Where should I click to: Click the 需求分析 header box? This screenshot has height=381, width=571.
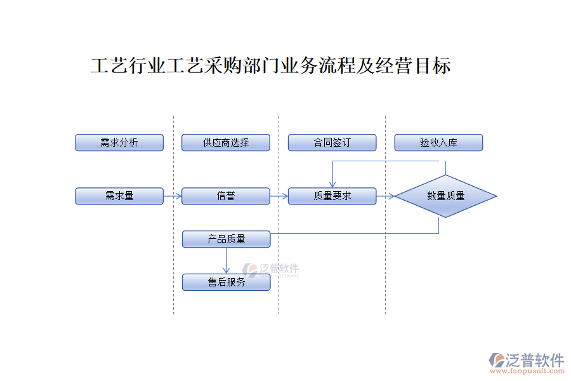[119, 143]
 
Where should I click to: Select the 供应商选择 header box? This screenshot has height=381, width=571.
[226, 143]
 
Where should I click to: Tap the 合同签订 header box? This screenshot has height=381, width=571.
[332, 143]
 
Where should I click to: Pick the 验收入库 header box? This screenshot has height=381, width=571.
[438, 143]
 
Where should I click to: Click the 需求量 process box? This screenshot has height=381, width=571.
[119, 196]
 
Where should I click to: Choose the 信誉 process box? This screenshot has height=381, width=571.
[226, 196]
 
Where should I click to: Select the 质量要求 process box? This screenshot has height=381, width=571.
[332, 196]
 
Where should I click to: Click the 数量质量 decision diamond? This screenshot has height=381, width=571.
[445, 196]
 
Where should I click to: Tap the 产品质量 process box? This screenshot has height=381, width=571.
[226, 239]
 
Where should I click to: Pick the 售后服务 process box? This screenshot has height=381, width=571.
[226, 283]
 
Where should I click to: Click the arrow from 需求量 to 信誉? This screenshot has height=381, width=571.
[173, 196]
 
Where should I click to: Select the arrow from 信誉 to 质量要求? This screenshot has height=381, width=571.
[279, 196]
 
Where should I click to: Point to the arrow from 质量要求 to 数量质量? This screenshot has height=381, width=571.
[385, 196]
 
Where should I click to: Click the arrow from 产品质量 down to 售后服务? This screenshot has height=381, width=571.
[226, 261]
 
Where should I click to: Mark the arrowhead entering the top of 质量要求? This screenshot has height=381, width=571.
[332, 184]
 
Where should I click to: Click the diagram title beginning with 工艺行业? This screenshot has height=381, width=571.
[271, 66]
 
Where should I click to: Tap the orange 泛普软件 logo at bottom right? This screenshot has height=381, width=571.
[527, 360]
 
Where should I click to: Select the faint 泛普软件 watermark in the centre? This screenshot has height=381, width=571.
[271, 269]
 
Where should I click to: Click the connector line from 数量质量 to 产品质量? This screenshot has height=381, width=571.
[355, 233]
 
